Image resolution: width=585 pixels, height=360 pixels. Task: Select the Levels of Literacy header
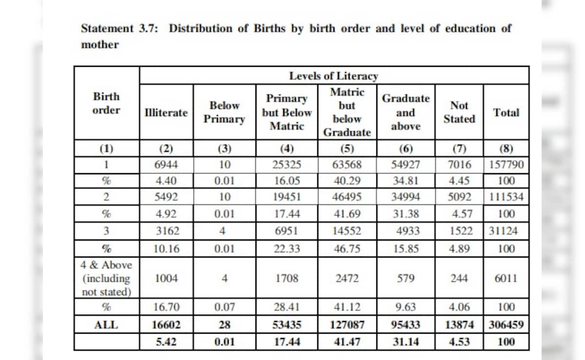[333, 76]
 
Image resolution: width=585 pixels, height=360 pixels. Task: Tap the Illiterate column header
[166, 113]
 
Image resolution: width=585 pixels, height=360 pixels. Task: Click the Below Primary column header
[224, 112]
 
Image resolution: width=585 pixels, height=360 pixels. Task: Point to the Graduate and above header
[406, 112]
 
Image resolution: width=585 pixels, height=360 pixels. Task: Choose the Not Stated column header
[459, 112]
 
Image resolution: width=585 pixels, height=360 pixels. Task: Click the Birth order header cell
[106, 103]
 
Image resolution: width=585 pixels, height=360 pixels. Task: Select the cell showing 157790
[506, 164]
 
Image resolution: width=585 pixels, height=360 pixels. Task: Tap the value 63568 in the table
[347, 164]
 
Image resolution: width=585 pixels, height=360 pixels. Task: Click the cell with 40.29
[347, 181]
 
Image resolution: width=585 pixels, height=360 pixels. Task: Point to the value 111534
[506, 197]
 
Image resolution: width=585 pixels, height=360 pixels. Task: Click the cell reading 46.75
[347, 248]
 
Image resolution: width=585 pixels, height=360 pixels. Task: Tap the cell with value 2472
[347, 279]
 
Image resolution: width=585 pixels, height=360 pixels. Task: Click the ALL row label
[106, 325]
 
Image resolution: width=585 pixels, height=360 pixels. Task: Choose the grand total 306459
[506, 325]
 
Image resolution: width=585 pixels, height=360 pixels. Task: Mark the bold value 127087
[347, 325]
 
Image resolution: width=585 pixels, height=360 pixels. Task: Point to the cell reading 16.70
[166, 307]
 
